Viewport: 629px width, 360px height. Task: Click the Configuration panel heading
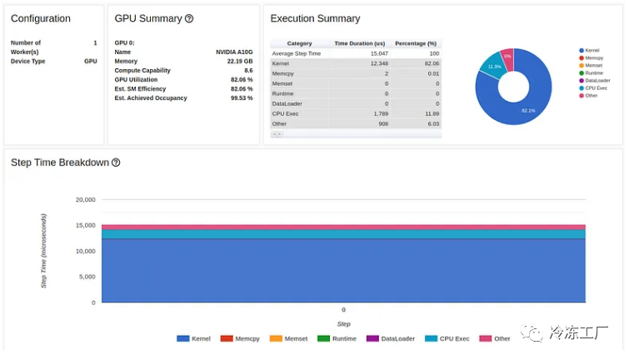41,18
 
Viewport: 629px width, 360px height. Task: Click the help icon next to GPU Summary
189,18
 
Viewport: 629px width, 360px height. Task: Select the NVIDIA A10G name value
234,52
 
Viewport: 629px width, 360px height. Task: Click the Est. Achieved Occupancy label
151,98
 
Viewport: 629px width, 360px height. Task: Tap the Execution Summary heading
315,18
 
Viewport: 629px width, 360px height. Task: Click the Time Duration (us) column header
359,43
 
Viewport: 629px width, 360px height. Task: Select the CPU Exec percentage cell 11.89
431,113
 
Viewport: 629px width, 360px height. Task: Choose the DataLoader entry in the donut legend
597,80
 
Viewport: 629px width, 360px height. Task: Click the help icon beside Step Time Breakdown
116,162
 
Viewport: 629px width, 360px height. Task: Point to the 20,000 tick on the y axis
85,200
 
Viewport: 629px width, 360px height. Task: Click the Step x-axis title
343,324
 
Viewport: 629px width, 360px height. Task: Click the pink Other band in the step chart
343,227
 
